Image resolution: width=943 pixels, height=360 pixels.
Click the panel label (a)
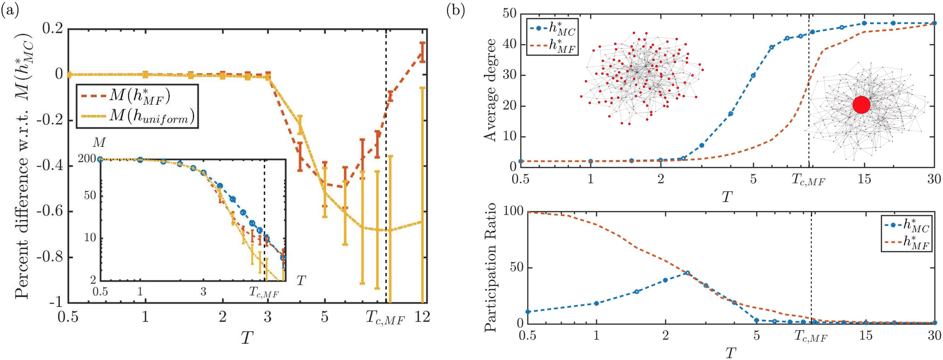(x=10, y=10)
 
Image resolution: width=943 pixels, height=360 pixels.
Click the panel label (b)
(x=456, y=10)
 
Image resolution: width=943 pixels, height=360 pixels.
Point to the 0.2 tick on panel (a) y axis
(x=52, y=29)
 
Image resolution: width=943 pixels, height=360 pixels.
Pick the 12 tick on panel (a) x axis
(x=422, y=317)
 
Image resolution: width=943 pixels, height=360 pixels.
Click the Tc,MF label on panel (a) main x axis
(x=385, y=318)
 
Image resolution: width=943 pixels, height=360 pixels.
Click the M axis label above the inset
(x=99, y=142)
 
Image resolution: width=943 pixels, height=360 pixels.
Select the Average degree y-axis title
(x=490, y=90)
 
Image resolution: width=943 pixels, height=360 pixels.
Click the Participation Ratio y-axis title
(x=490, y=267)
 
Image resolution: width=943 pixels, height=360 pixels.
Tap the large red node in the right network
(x=861, y=104)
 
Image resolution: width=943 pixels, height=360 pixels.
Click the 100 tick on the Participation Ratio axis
(x=512, y=211)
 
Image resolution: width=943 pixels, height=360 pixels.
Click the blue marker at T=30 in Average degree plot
(x=934, y=23)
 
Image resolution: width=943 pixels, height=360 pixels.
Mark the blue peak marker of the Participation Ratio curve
(x=687, y=273)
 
